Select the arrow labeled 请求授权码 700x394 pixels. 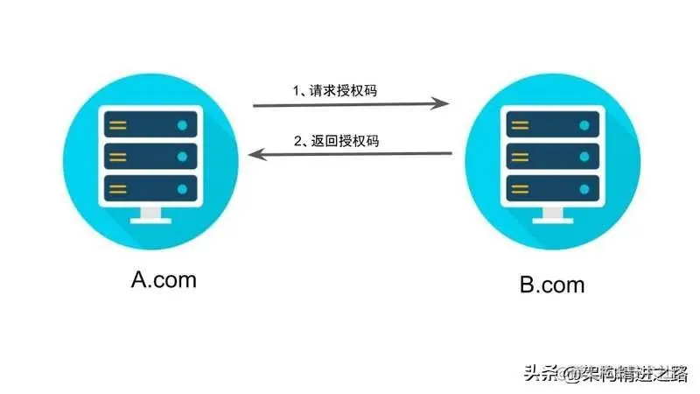point(351,105)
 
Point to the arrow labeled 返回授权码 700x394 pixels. point(350,155)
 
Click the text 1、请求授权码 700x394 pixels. point(335,89)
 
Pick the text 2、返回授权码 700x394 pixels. point(335,139)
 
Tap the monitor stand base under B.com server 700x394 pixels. point(550,220)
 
